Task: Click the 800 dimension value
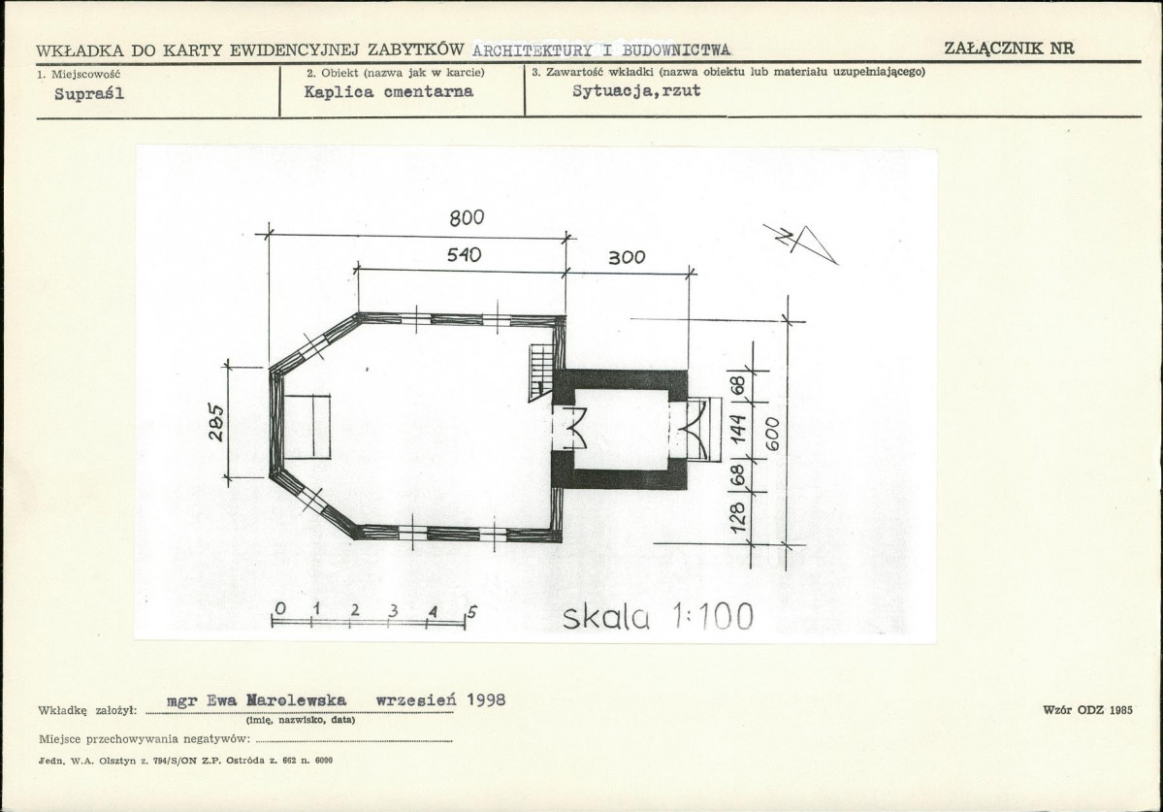click(x=467, y=217)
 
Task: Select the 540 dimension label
click(x=465, y=255)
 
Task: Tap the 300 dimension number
click(x=627, y=257)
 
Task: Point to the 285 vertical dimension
click(x=215, y=422)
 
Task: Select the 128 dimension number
click(x=738, y=518)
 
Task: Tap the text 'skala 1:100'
click(x=658, y=616)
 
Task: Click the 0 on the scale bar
click(x=279, y=609)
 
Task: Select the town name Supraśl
click(x=90, y=94)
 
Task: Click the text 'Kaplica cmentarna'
click(x=389, y=92)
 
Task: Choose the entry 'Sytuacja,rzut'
click(x=636, y=91)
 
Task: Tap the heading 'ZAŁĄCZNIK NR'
click(x=1010, y=49)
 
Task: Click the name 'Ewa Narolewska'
click(x=276, y=700)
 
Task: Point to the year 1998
click(x=487, y=699)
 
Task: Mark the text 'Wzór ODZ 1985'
click(x=1088, y=710)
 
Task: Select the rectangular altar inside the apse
click(x=307, y=427)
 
